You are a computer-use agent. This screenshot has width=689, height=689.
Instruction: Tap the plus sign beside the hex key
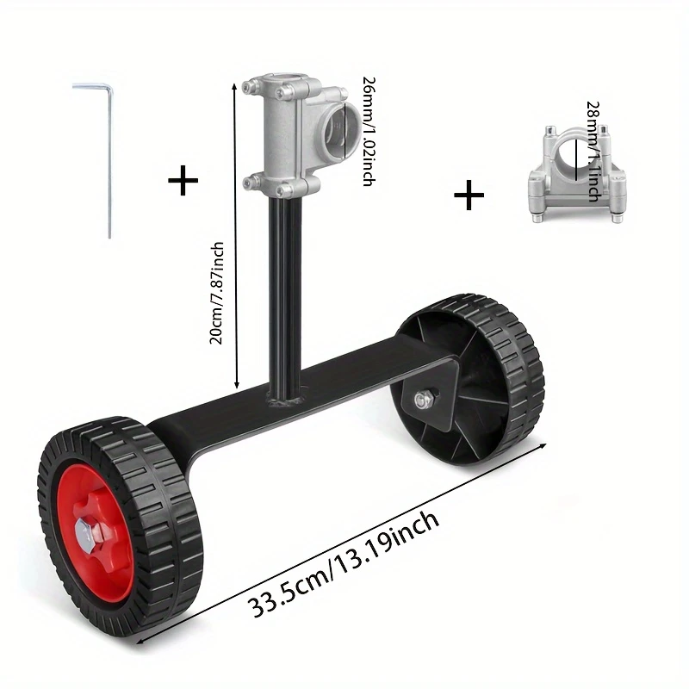(x=183, y=181)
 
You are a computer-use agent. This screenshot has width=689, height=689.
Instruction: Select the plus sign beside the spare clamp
(x=469, y=196)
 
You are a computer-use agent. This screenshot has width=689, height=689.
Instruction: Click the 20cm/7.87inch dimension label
(x=217, y=293)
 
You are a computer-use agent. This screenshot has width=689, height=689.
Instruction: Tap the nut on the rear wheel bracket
(x=424, y=400)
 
